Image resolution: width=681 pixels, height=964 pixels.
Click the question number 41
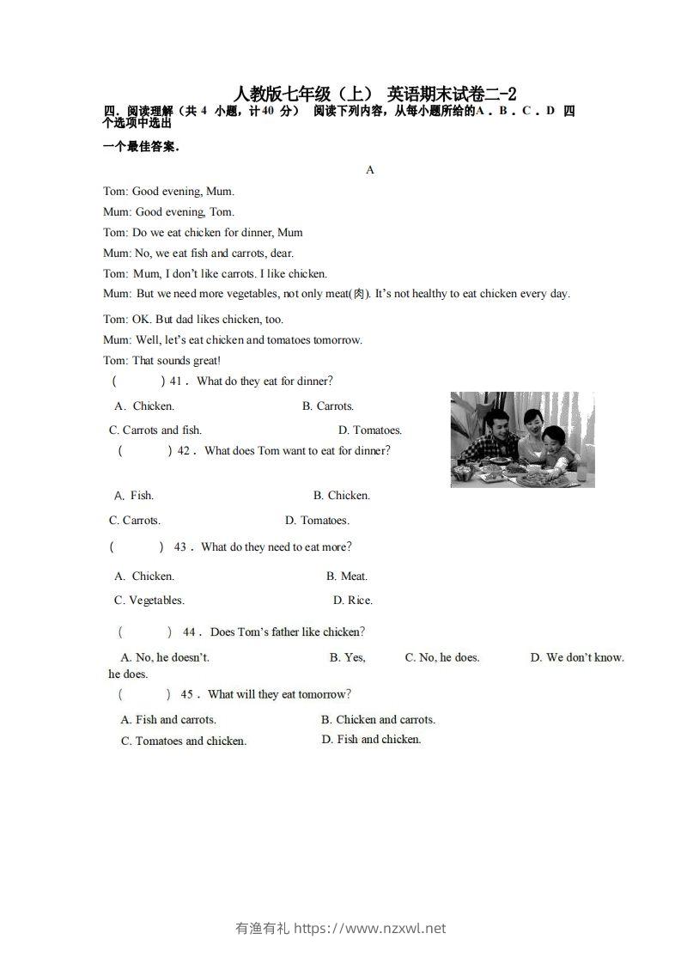pyautogui.click(x=177, y=381)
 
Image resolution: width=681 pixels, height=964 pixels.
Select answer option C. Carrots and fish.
pyautogui.click(x=155, y=430)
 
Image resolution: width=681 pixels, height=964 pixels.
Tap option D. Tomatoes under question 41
pyautogui.click(x=369, y=430)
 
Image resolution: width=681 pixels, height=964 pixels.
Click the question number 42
pyautogui.click(x=185, y=450)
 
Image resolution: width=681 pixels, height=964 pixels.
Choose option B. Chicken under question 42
pyautogui.click(x=341, y=495)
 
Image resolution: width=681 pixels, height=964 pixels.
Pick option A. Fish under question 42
pyautogui.click(x=134, y=495)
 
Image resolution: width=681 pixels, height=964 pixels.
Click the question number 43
pyautogui.click(x=180, y=547)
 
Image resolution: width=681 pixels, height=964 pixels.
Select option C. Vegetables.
pyautogui.click(x=149, y=600)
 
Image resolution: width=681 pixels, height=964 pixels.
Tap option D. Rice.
pyautogui.click(x=352, y=600)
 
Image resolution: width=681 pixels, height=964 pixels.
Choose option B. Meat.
pyautogui.click(x=346, y=576)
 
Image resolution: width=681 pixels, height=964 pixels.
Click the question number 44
pyautogui.click(x=190, y=631)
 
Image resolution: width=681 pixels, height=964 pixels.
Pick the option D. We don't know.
pyautogui.click(x=577, y=657)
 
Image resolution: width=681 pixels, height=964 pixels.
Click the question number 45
pyautogui.click(x=187, y=694)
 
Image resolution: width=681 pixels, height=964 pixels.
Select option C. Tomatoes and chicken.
pyautogui.click(x=183, y=741)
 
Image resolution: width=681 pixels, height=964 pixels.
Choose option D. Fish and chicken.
pyautogui.click(x=371, y=739)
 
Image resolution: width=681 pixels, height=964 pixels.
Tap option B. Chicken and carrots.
pyautogui.click(x=378, y=719)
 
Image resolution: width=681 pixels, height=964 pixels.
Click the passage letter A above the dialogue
pyautogui.click(x=370, y=170)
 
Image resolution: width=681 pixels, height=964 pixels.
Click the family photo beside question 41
pyautogui.click(x=522, y=439)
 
